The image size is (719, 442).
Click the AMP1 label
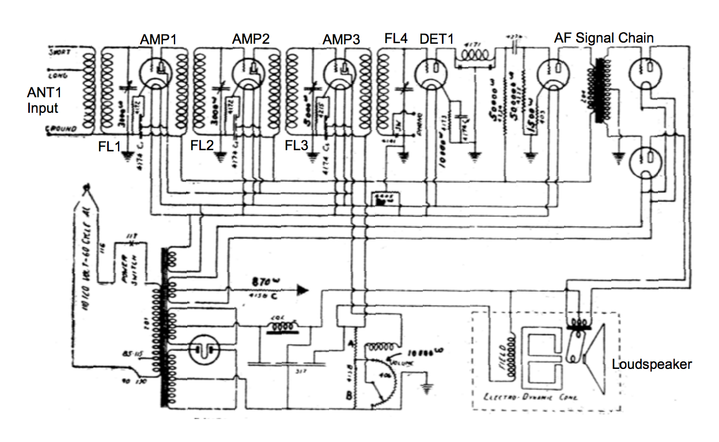158,39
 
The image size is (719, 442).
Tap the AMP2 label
251,39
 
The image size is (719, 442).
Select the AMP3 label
341,39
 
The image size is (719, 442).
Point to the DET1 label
437,39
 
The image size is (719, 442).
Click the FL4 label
396,39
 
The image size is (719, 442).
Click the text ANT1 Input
43,100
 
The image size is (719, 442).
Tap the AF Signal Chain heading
604,39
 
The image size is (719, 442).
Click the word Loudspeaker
652,364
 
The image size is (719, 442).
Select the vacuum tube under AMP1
158,73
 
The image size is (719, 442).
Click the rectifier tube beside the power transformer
203,349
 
